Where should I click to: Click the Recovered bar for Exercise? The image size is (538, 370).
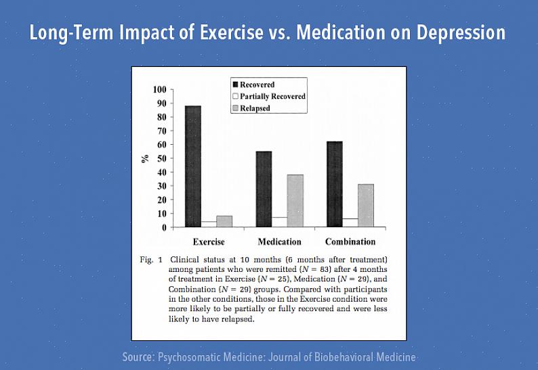(193, 166)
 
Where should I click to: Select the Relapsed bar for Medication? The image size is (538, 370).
(295, 201)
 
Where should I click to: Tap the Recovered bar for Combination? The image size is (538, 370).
(334, 184)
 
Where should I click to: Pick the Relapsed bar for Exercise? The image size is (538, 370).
(224, 221)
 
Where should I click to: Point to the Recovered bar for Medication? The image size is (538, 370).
(264, 189)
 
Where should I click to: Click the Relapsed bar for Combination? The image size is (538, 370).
(366, 206)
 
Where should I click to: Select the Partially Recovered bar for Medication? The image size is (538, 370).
(279, 222)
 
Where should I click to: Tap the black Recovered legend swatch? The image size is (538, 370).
(236, 85)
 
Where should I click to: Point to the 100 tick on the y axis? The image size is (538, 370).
(159, 89)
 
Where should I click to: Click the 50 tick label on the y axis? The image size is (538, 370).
(161, 158)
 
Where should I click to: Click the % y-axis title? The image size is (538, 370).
(144, 158)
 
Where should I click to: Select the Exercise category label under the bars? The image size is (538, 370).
(209, 241)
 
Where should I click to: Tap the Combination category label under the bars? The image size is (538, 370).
(350, 241)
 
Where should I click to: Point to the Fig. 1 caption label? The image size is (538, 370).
(150, 259)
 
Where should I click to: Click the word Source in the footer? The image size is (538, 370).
(138, 356)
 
